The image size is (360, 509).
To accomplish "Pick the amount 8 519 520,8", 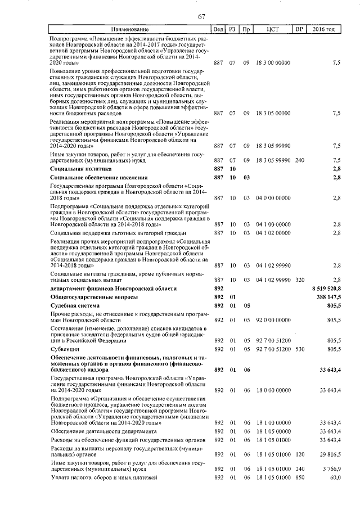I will pyautogui.click(x=326, y=288).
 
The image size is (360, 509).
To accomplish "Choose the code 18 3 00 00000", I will pyautogui.click(x=273, y=64).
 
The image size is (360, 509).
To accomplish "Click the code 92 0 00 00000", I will pyautogui.click(x=273, y=320).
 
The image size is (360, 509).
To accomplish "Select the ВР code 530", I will pyautogui.click(x=299, y=349).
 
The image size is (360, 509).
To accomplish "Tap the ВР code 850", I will pyautogui.click(x=299, y=477).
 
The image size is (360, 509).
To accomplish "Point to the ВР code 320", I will pyautogui.click(x=299, y=279).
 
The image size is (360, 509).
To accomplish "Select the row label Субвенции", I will pyautogui.click(x=65, y=349).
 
